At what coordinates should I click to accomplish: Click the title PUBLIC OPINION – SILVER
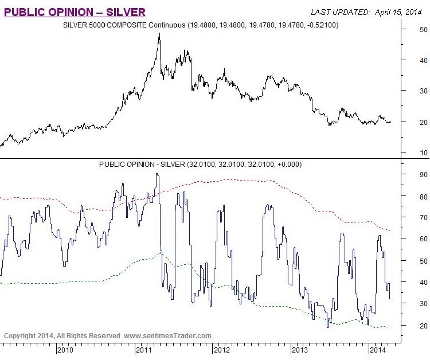point(75,11)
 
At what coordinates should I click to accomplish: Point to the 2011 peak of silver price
point(159,34)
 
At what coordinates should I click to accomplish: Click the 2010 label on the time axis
point(65,349)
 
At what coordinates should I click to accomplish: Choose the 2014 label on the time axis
point(376,349)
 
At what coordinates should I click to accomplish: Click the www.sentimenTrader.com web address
point(167,335)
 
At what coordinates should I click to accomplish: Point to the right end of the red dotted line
point(390,230)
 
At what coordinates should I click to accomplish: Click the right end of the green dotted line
point(390,327)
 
